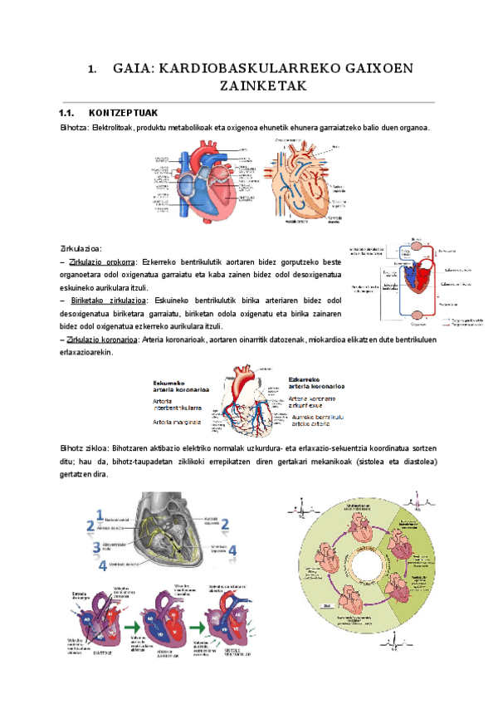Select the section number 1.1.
(x=67, y=113)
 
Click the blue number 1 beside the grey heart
(x=100, y=514)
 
